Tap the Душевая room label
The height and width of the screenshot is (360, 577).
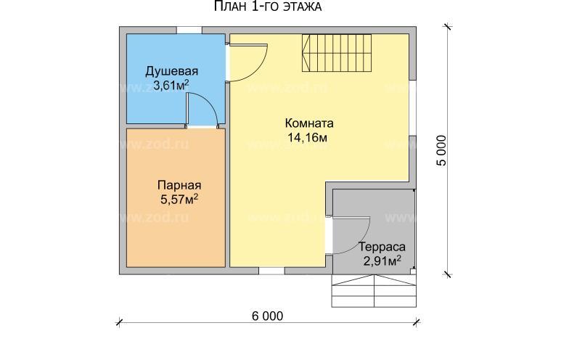(172, 71)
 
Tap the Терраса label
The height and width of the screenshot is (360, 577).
(383, 247)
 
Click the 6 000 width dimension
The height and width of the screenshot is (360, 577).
(268, 316)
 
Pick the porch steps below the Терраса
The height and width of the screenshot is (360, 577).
(375, 290)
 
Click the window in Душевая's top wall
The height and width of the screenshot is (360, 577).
(189, 29)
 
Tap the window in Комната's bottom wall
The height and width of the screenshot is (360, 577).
(271, 270)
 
